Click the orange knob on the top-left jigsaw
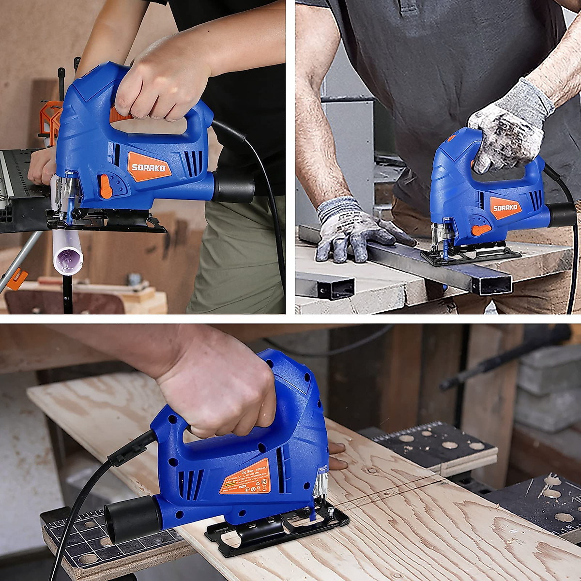106,186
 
